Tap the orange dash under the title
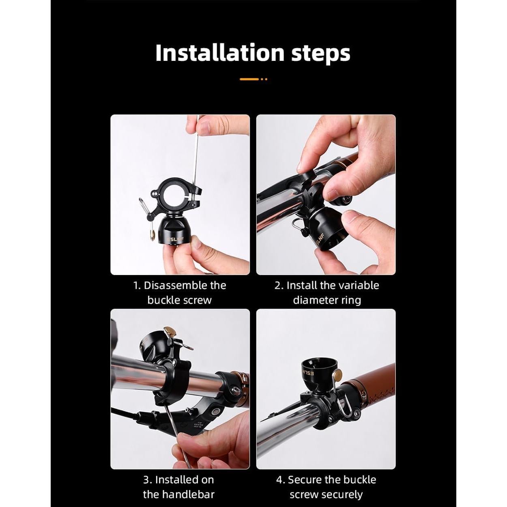pyautogui.click(x=249, y=79)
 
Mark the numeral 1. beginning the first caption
pyautogui.click(x=137, y=286)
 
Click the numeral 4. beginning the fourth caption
pyautogui.click(x=280, y=480)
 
